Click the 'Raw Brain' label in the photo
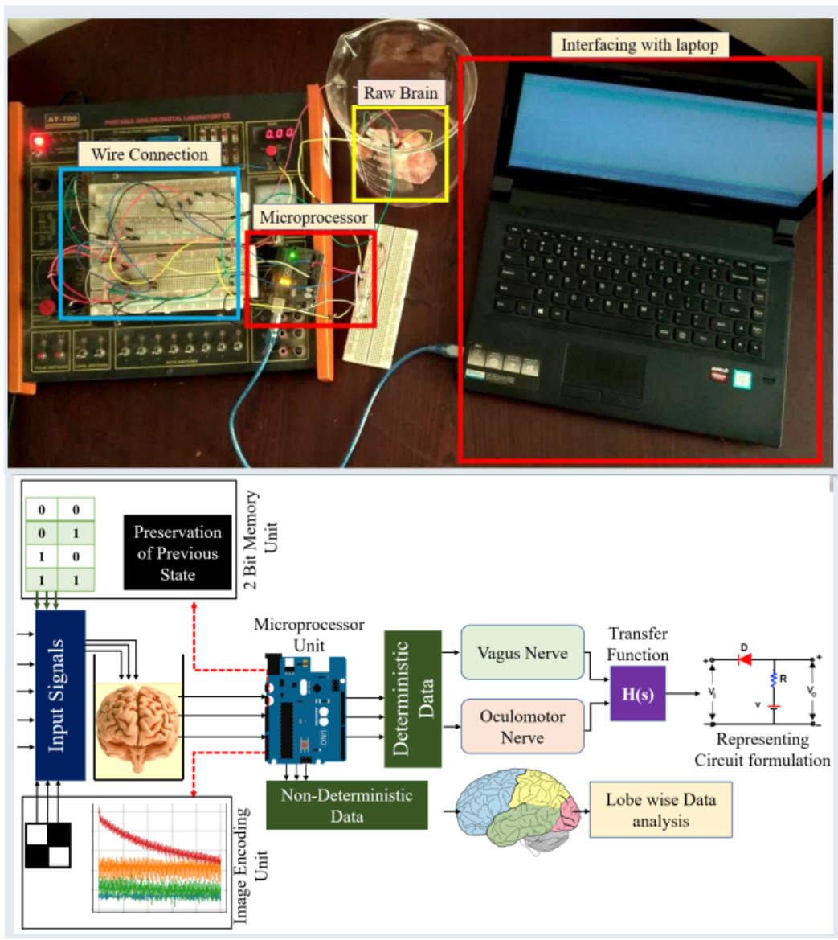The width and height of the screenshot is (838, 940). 400,93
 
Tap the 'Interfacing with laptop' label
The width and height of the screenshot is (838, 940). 639,45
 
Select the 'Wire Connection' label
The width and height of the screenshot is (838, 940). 149,154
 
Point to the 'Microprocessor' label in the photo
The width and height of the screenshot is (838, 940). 313,217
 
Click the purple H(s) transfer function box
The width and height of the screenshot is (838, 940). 638,693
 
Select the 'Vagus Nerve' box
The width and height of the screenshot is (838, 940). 522,654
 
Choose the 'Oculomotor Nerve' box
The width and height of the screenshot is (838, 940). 522,726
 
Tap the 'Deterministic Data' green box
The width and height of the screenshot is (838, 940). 413,699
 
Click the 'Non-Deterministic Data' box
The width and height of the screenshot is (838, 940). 346,805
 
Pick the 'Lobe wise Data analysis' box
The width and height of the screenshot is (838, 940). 660,810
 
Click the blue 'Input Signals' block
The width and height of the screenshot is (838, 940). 59,695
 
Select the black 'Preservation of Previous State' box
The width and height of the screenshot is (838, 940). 177,553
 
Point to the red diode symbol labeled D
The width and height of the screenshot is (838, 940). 744,659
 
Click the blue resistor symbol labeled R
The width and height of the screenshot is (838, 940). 773,679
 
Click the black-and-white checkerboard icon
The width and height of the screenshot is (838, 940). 48,844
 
